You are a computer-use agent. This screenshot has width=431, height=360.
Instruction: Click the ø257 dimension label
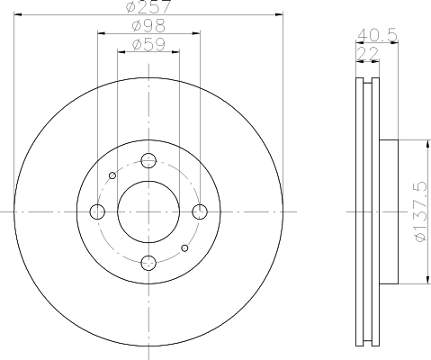coord(149,6)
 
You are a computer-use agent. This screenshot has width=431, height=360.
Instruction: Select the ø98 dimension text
coord(148,26)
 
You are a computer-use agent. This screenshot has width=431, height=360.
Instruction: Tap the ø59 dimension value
coord(148,44)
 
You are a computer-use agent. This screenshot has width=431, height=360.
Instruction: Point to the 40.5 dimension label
coord(378,35)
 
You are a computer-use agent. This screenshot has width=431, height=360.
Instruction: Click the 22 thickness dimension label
coord(368,54)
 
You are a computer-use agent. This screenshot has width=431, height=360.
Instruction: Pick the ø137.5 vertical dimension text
coord(419,211)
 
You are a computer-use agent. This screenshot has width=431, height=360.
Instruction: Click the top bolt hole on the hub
coord(148,160)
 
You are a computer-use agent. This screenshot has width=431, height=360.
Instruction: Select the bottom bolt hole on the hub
coord(148,263)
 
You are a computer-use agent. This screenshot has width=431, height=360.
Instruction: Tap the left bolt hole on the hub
coord(97,211)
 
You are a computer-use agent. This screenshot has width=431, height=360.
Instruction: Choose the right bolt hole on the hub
coord(200,211)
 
